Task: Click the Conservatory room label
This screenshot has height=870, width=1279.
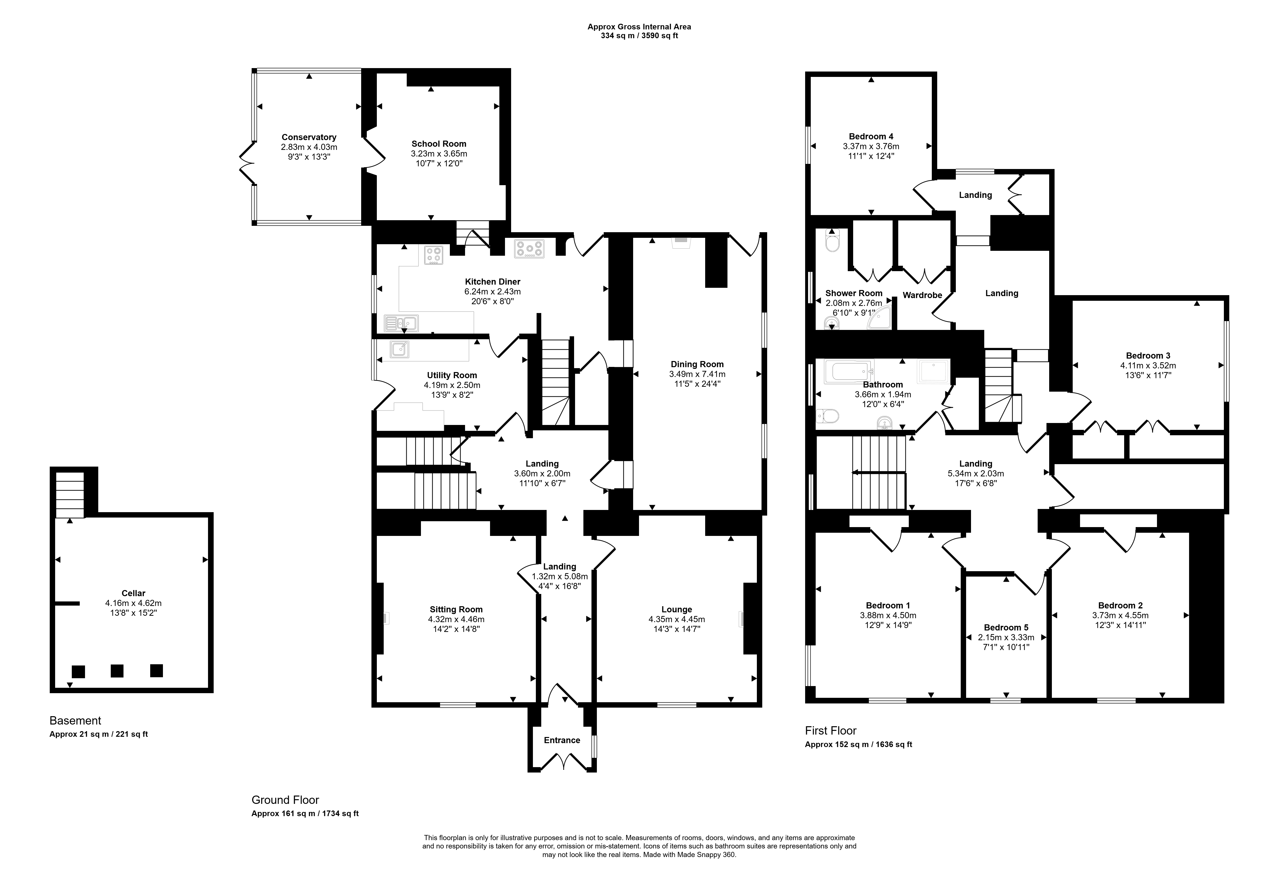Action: (309, 137)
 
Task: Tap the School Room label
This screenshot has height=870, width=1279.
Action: (439, 144)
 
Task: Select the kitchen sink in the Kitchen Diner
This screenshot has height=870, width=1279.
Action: (401, 323)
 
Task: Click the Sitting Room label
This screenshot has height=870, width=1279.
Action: (456, 609)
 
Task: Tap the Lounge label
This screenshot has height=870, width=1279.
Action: (676, 609)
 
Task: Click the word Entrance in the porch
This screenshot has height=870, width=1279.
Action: (562, 740)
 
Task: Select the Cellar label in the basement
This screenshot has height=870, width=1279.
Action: (133, 593)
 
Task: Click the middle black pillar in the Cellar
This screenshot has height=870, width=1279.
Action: (117, 671)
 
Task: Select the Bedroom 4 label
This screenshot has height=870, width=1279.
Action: (871, 136)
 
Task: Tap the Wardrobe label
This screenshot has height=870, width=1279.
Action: (922, 295)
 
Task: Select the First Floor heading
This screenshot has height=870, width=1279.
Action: (830, 731)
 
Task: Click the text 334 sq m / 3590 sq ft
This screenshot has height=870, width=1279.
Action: (639, 36)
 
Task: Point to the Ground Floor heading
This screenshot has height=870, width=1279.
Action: (285, 800)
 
